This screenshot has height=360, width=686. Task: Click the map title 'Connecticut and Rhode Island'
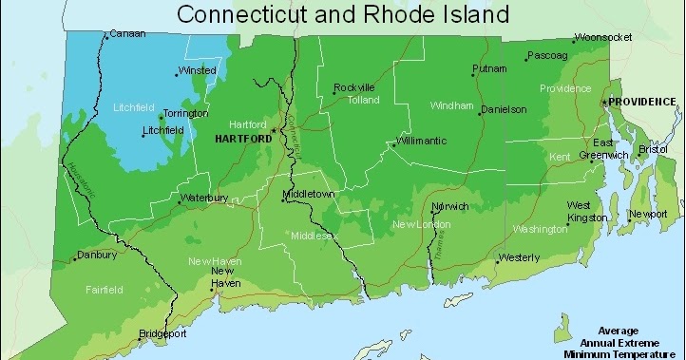point(343,14)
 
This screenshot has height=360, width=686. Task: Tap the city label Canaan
point(127,34)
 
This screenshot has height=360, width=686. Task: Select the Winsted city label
point(198,70)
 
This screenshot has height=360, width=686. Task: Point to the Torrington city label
point(185,113)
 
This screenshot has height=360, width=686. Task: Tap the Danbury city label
point(98,255)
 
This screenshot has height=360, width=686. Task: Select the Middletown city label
point(310,195)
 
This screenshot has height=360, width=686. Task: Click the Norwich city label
point(450,206)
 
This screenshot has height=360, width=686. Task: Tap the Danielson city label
point(504,109)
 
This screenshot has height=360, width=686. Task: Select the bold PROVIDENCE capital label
point(642,102)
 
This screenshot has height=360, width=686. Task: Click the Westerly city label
point(519,257)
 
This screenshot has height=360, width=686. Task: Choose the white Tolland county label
point(363,99)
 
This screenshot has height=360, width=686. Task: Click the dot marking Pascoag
point(526,59)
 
